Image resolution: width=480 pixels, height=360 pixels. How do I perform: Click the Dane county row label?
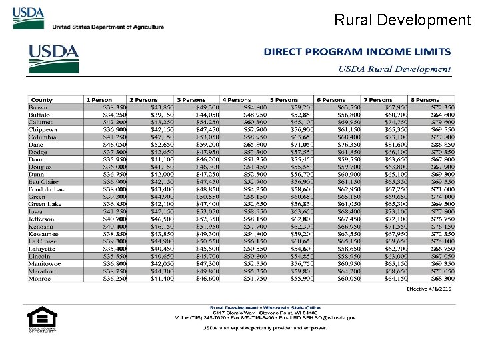35,144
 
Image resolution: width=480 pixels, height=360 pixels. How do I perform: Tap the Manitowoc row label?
44,264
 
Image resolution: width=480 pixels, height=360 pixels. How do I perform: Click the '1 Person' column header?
99,100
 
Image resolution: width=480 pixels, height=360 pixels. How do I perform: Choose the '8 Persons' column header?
425,100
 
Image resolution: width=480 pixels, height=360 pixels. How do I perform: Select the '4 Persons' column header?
237,100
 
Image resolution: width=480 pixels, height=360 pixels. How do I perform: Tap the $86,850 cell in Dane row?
443,144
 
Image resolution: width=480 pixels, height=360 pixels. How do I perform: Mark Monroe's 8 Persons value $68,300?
443,279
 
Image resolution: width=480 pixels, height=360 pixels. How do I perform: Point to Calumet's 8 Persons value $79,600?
443,122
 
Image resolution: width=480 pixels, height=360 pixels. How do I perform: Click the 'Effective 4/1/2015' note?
429,289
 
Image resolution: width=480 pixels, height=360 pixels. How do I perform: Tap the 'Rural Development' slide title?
402,20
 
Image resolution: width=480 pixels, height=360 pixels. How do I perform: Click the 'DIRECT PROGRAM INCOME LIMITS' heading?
357,52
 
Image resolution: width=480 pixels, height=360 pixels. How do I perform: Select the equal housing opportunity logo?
37,319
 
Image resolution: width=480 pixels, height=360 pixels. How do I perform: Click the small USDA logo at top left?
28,18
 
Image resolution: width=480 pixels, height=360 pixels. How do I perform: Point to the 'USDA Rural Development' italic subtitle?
394,69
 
